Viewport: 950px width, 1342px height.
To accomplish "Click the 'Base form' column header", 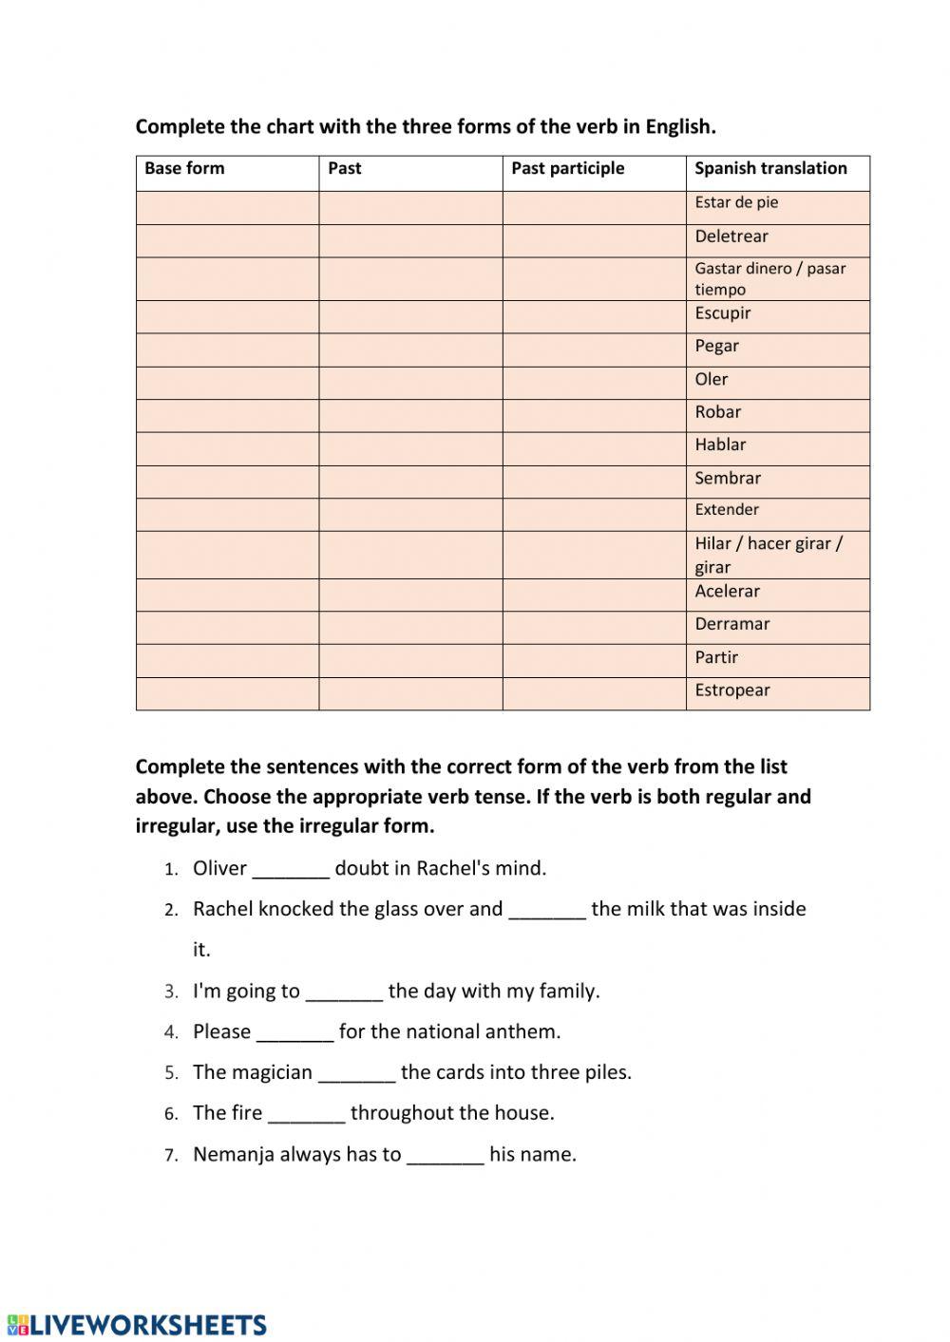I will point(184,169).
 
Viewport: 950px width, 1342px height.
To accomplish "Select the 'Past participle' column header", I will point(567,169).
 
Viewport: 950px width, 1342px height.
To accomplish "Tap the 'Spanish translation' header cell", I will point(770,169).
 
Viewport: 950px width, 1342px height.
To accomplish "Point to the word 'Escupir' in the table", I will point(723,313).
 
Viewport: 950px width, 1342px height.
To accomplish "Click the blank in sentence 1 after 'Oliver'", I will point(291,870).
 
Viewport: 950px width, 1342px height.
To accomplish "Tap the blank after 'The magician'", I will point(356,1074).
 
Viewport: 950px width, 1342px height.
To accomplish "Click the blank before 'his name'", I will point(445,1156).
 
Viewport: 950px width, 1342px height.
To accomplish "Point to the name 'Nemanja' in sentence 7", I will point(234,1155).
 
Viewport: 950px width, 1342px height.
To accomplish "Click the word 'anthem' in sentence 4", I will point(523,1032).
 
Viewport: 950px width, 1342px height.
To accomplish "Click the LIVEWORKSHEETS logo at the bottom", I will point(136,1325).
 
